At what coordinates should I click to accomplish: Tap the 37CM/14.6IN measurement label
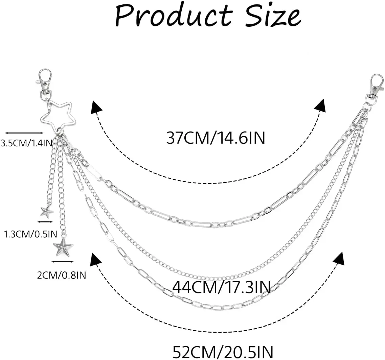(216, 138)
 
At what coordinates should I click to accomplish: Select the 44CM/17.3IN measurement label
(221, 288)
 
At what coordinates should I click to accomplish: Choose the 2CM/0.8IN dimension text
(61, 275)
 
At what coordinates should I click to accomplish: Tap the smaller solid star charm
(47, 212)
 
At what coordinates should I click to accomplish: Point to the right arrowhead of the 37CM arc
(320, 105)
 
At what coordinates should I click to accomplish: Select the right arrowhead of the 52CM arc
(338, 259)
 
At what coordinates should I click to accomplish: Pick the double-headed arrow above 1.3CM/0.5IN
(45, 222)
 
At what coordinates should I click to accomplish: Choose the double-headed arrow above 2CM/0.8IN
(63, 262)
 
